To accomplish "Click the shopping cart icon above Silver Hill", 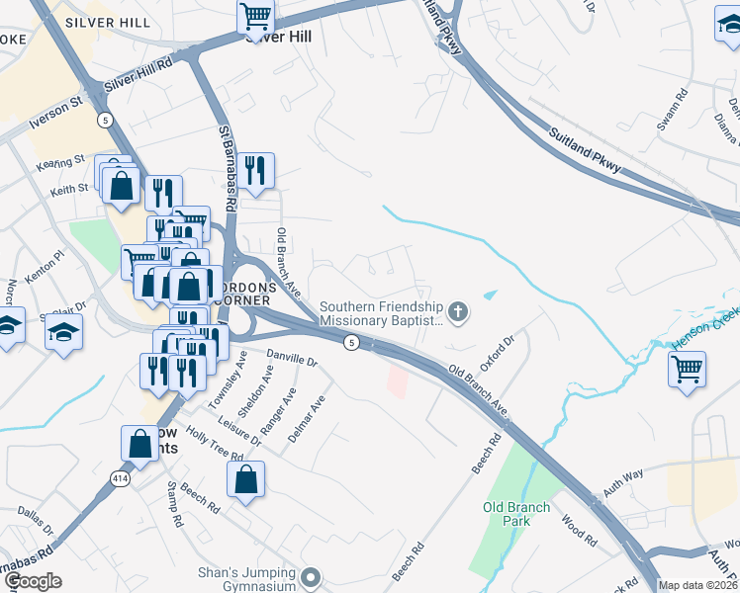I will [255, 18].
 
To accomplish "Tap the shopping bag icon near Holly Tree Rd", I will [246, 481].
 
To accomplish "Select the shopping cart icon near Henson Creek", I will [687, 370].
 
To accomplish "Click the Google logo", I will [33, 581].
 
